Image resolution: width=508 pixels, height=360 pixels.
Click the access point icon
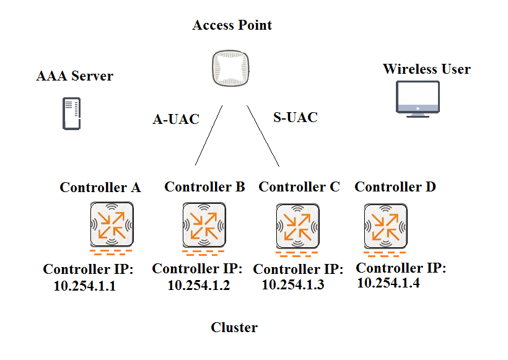pyautogui.click(x=232, y=68)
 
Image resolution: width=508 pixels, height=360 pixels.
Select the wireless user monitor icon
pyautogui.click(x=418, y=99)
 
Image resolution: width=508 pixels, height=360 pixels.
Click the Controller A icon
pyautogui.click(x=111, y=224)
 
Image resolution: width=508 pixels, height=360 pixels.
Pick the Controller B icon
pyautogui.click(x=204, y=224)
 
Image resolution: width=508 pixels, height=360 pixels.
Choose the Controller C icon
pyautogui.click(x=297, y=226)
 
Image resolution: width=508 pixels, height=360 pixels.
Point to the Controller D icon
pyautogui.click(x=385, y=224)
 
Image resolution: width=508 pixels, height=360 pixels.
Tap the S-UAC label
pyautogui.click(x=296, y=117)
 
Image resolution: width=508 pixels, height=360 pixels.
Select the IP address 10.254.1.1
pyautogui.click(x=85, y=287)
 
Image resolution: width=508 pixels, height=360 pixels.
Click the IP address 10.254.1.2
pyautogui.click(x=198, y=285)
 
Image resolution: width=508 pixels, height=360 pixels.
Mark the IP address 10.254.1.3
pyautogui.click(x=292, y=285)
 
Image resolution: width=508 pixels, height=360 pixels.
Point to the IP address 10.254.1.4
pyautogui.click(x=388, y=283)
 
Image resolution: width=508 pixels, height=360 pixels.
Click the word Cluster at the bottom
pyautogui.click(x=234, y=327)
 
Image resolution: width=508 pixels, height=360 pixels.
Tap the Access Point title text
pyautogui.click(x=232, y=25)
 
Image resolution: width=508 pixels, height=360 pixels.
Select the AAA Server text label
pyautogui.click(x=75, y=76)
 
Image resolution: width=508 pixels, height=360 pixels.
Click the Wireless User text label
pyautogui.click(x=427, y=69)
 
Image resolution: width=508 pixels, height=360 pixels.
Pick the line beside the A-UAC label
pyautogui.click(x=209, y=135)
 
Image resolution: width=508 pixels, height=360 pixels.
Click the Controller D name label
pyautogui.click(x=395, y=187)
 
